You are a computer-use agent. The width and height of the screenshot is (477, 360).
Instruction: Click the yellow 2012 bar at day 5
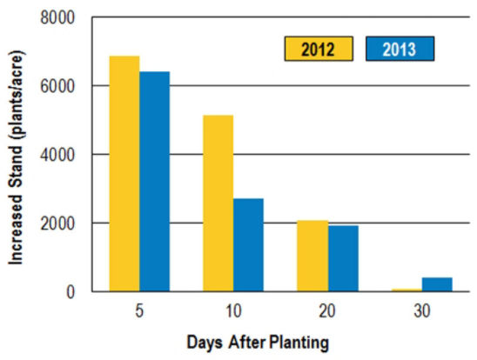[x=124, y=174]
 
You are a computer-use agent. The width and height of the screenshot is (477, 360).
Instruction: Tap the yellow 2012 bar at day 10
[x=218, y=203]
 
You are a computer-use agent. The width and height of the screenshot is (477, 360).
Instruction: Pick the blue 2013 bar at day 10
[x=248, y=245]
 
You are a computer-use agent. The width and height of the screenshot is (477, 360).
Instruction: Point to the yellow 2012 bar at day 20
[x=312, y=257]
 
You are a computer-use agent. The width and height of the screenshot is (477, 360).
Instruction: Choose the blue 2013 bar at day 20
[x=342, y=259]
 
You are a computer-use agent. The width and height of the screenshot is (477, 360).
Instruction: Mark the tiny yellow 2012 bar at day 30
[x=405, y=290]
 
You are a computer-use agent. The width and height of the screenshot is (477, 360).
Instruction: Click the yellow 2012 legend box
[x=318, y=49]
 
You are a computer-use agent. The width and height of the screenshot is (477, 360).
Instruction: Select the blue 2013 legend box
[x=400, y=49]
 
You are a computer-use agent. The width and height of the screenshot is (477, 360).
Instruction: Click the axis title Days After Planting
[x=259, y=343]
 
